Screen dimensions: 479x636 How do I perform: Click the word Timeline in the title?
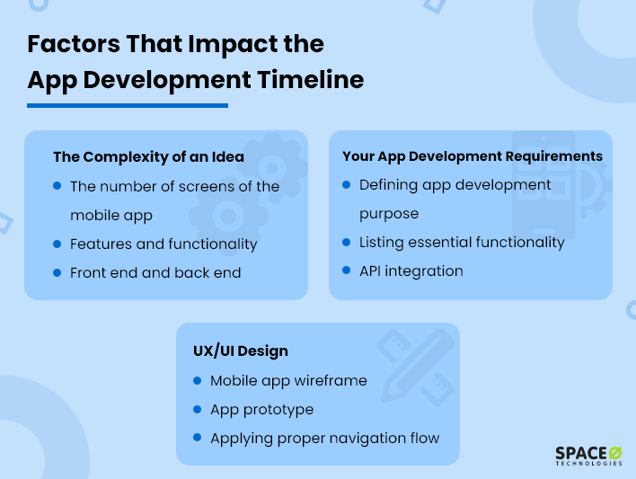(x=310, y=79)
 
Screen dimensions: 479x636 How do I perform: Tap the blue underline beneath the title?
(x=127, y=105)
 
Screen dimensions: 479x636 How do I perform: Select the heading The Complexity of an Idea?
(x=148, y=156)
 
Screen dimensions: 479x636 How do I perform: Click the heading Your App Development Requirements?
(x=472, y=156)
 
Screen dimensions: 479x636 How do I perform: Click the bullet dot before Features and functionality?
(x=57, y=243)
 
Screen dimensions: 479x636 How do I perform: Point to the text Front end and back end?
(x=155, y=272)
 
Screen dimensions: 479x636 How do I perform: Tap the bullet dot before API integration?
(x=347, y=270)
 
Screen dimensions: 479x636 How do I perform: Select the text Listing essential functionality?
(x=462, y=243)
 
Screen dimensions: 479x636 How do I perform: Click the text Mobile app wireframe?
(x=288, y=380)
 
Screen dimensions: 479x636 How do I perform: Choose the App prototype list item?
(x=261, y=409)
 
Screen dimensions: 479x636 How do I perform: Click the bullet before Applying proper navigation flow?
(x=198, y=437)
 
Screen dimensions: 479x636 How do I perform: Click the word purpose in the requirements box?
(x=389, y=215)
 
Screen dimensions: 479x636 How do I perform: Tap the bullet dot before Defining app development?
(x=347, y=183)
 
